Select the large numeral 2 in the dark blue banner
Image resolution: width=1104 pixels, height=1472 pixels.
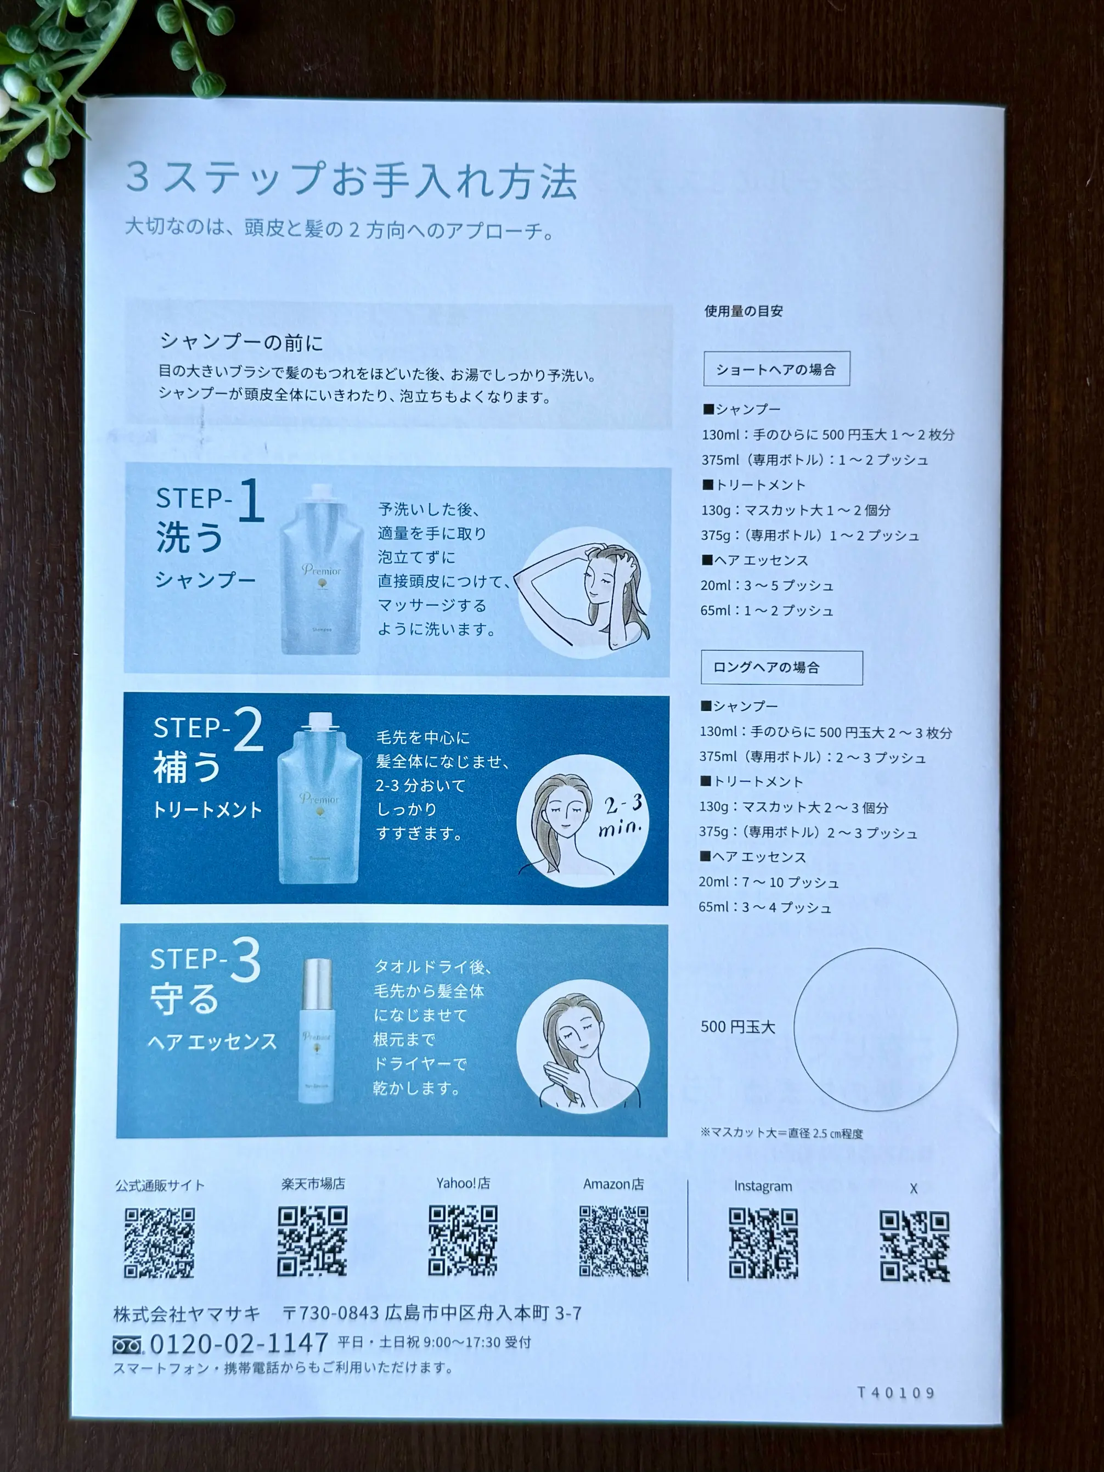[x=248, y=731]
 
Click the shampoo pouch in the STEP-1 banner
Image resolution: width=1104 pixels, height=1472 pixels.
[x=321, y=570]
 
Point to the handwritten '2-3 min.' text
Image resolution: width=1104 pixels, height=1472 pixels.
[x=622, y=816]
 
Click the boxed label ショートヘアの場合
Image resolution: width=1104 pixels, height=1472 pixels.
[x=776, y=369]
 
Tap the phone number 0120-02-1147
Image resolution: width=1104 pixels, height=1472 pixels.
[x=239, y=1344]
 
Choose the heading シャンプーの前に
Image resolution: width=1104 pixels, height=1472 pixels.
[x=241, y=343]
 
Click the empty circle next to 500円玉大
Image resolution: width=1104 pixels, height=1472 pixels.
[x=875, y=1029]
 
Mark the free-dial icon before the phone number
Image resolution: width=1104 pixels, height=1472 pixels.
[x=127, y=1346]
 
